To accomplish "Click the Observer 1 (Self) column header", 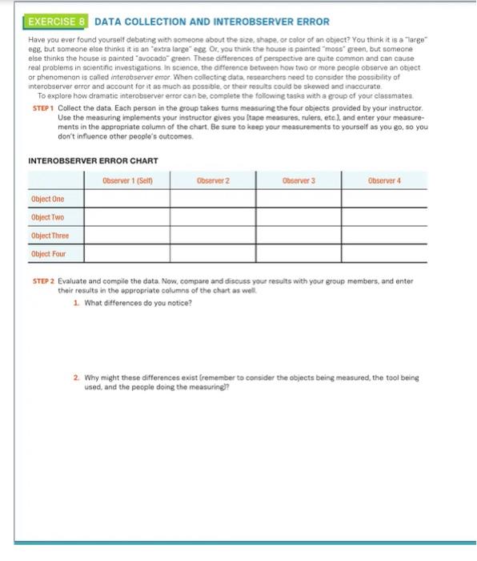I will point(126,181).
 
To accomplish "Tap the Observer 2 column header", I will point(213,181).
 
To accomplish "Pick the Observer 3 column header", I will point(299,181).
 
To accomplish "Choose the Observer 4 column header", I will point(384,181).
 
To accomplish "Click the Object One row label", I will point(48,199).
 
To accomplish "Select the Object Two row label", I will point(48,217).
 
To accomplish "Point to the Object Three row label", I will point(50,236).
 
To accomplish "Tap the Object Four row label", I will point(49,254).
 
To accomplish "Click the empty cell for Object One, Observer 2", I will point(213,199).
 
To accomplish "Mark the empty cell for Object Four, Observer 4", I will point(384,254).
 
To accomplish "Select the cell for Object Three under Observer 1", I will point(126,236).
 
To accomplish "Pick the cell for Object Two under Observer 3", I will point(299,217).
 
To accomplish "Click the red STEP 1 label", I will point(42,107).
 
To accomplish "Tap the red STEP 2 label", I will point(42,281).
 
